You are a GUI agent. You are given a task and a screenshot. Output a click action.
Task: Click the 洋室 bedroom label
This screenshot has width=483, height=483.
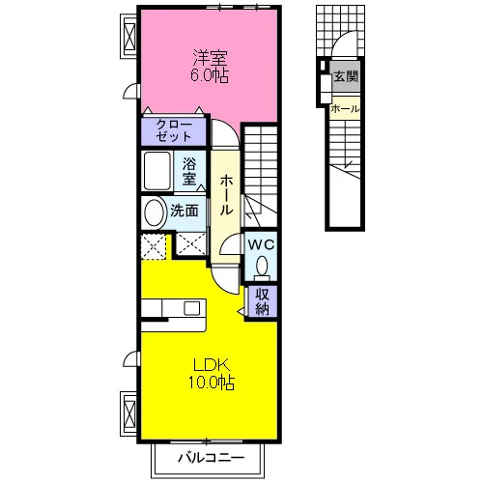[x=210, y=58]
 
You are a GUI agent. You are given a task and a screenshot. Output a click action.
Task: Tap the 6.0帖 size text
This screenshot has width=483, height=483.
[x=210, y=75]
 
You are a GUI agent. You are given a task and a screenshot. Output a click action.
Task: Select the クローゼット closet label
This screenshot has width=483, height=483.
[x=174, y=130]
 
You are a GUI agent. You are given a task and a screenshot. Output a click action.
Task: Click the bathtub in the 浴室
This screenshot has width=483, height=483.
[x=157, y=171]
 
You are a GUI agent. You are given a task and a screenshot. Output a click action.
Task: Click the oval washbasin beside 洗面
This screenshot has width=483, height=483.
[x=154, y=213]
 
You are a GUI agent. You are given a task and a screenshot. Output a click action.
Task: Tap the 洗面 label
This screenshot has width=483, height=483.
[x=185, y=211]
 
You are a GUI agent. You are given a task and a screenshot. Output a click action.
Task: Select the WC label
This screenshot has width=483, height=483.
[x=261, y=244]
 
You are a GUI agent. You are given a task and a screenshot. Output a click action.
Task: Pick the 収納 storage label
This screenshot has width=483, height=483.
[x=262, y=301]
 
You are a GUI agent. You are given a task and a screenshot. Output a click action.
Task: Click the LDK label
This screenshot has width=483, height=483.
[x=212, y=366]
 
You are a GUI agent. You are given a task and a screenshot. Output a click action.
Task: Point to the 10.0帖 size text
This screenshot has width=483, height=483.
[x=212, y=383]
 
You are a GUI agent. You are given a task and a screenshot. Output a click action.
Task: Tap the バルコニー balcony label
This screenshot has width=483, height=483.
[x=212, y=458]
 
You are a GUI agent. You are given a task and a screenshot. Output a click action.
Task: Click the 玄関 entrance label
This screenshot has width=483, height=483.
[x=346, y=76]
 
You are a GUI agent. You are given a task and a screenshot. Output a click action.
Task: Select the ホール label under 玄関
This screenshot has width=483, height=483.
[x=345, y=109]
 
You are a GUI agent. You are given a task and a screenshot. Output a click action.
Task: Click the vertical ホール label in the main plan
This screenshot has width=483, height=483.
[x=226, y=195]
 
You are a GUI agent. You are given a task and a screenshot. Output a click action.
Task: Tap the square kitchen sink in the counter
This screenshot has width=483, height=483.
[x=192, y=308]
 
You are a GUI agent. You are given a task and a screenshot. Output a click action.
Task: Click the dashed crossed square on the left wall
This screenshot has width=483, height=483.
[x=154, y=247]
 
